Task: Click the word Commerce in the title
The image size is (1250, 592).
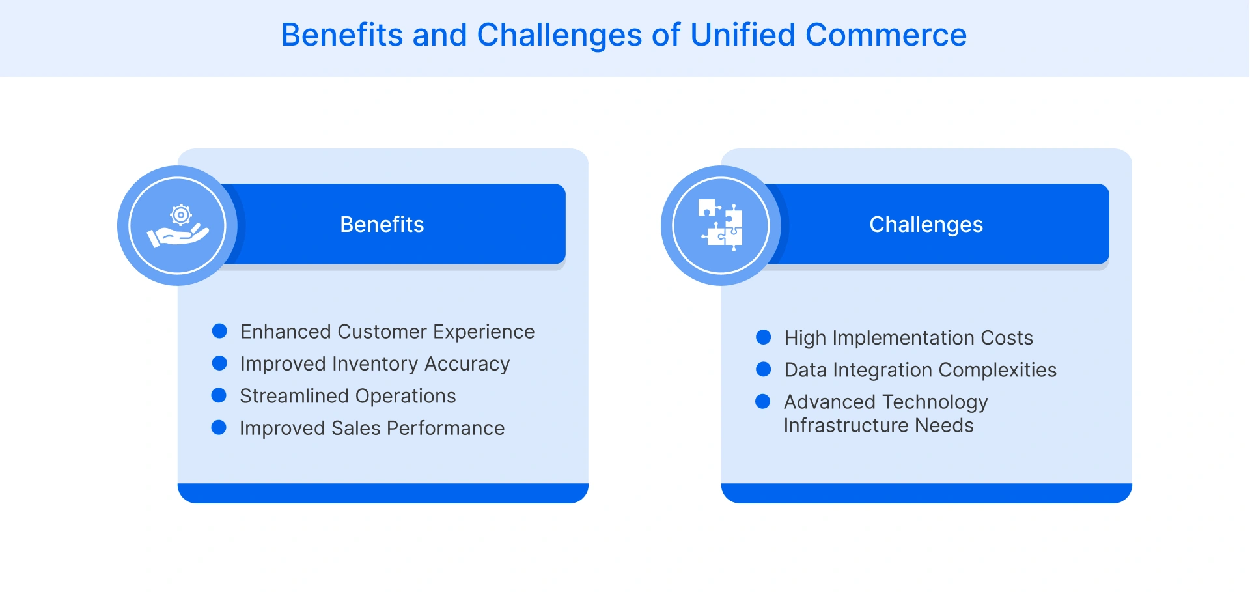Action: tap(886, 35)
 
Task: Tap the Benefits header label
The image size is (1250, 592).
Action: tap(382, 224)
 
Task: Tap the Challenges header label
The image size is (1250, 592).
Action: tap(926, 225)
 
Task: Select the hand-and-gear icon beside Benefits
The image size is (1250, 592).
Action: tap(178, 226)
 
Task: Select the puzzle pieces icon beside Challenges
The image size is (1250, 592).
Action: tap(721, 225)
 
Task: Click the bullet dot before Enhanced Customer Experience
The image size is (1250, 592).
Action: tap(219, 331)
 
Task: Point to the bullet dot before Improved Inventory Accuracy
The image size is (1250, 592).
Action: tap(219, 363)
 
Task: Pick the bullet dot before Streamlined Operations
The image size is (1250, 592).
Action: tap(219, 395)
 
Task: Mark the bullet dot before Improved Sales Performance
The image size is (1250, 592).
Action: tap(219, 427)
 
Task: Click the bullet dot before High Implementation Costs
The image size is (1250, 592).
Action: tap(763, 337)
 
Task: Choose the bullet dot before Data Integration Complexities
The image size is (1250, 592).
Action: tap(763, 369)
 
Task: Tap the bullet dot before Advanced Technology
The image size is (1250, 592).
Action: tap(762, 401)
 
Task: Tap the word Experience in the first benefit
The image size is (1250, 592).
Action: tap(484, 332)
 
